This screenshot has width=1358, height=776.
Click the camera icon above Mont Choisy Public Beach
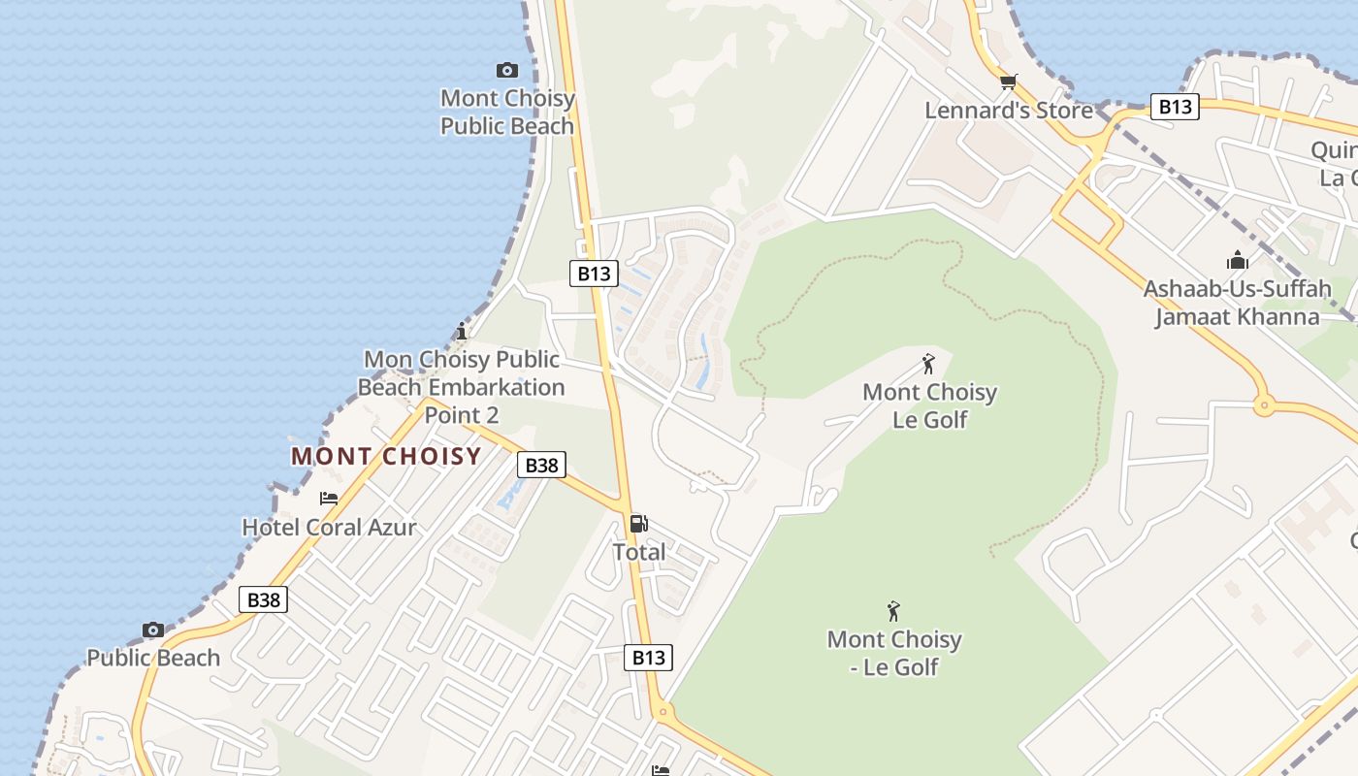coord(506,70)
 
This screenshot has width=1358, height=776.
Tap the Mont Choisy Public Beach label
coord(507,113)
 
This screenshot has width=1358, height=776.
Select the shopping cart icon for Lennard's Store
coord(1009,81)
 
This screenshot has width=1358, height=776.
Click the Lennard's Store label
coord(1009,111)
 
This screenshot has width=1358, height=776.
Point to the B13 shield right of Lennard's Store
coord(1175,106)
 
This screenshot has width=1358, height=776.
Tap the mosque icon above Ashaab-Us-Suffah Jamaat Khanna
coord(1237,260)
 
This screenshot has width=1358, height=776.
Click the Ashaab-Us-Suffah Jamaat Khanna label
coord(1237,303)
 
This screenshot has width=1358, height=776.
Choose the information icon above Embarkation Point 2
coord(462,331)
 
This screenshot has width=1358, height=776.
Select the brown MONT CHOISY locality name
coord(386,456)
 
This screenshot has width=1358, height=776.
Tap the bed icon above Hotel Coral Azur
coord(329,499)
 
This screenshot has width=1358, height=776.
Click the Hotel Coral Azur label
coord(329,528)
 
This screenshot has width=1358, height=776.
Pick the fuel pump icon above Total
coord(638,524)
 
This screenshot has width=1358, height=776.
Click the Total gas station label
coord(638,552)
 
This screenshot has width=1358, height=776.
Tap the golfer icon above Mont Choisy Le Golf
coord(928,364)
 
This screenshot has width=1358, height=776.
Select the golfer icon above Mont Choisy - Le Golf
coord(893,611)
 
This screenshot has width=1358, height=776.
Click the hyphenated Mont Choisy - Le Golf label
coord(893,653)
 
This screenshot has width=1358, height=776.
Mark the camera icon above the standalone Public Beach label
coord(152,630)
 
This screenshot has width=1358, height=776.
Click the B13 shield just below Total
coord(648,658)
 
